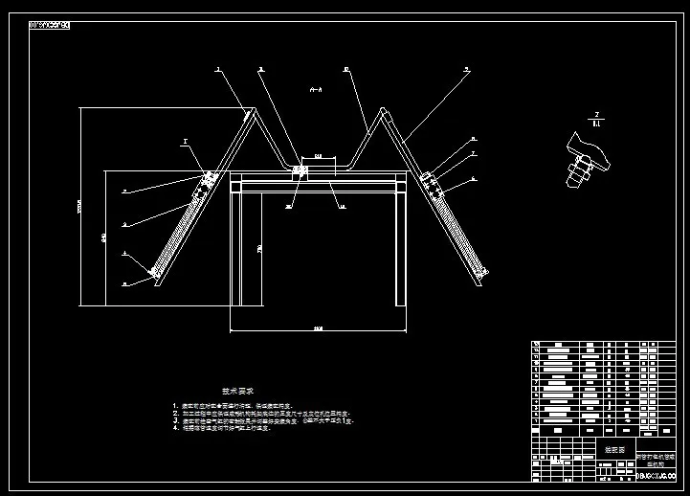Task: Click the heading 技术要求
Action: coord(237,391)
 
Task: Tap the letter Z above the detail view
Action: coord(596,114)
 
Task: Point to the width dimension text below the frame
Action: coord(318,327)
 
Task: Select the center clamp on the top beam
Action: coord(300,172)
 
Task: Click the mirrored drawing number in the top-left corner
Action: coord(50,24)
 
